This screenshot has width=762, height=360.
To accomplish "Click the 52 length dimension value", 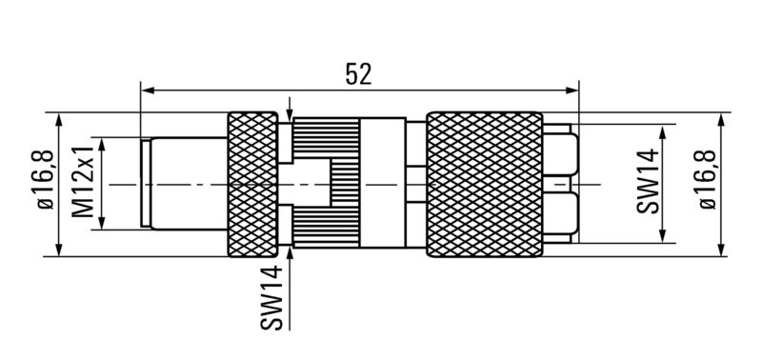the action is coord(359,74).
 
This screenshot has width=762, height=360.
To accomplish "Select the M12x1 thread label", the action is coord(83,182).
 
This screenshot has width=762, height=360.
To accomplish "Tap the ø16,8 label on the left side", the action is coord(45,179).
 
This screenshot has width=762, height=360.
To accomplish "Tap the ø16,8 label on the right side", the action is coord(708,179).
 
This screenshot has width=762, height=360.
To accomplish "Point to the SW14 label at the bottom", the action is coord(271,298).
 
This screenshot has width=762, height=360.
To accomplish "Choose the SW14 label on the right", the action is coord(648,181).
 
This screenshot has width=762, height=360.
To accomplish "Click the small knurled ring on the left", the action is coord(252,185).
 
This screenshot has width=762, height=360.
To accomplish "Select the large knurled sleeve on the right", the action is coord(485,185).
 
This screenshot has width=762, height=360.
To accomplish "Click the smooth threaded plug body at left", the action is coord(189,184).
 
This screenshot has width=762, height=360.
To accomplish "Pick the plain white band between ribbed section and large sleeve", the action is coord(383,183).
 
